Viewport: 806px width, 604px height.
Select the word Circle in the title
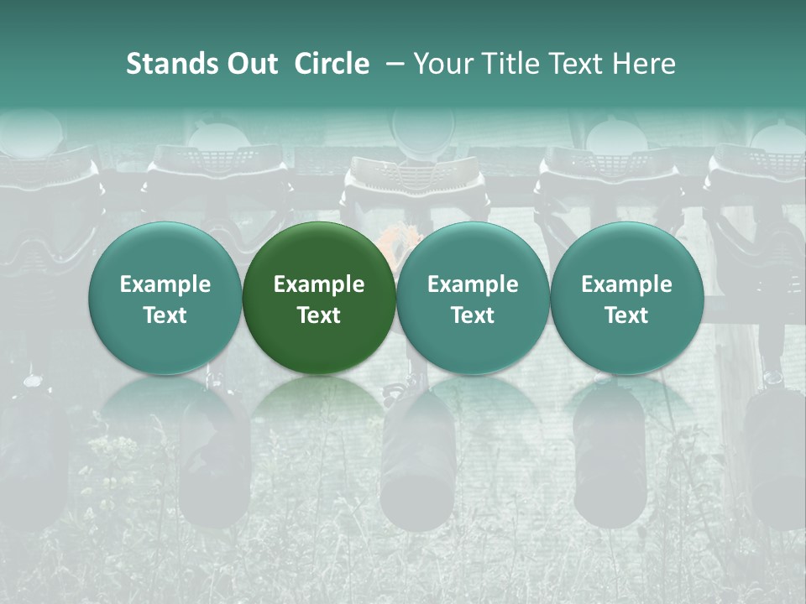(x=332, y=64)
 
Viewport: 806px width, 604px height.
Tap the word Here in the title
(x=645, y=64)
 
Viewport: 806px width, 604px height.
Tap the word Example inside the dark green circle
(x=319, y=284)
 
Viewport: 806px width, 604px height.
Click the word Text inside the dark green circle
(x=319, y=315)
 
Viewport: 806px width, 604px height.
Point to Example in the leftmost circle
(x=165, y=284)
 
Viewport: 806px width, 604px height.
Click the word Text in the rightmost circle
(x=626, y=315)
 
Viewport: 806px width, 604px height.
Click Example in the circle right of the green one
(x=473, y=284)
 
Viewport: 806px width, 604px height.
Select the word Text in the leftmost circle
(x=165, y=315)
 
